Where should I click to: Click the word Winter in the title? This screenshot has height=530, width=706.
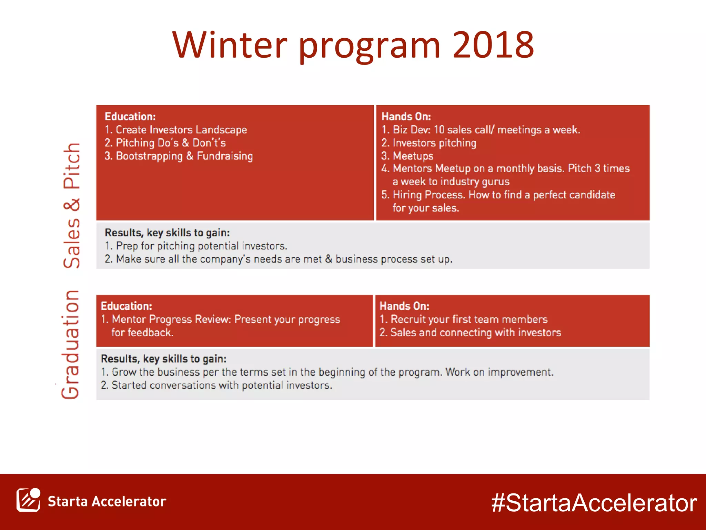tap(229, 45)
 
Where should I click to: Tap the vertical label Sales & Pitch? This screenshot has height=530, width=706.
tap(72, 205)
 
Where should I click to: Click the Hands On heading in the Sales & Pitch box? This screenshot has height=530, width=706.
tap(406, 117)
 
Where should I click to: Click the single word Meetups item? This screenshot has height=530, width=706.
tap(413, 156)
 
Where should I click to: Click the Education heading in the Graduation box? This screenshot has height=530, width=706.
tap(126, 306)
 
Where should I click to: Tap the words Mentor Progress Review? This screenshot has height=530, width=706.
tap(171, 319)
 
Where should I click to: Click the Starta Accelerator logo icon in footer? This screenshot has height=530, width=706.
tap(28, 500)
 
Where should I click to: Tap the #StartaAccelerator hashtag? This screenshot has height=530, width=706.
tap(594, 503)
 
